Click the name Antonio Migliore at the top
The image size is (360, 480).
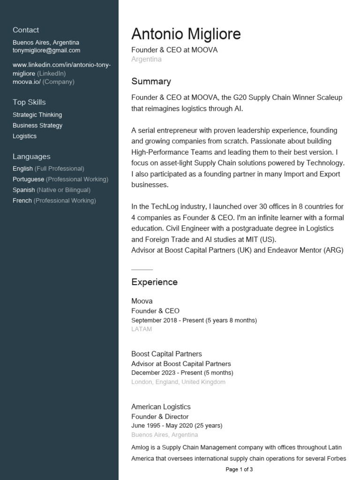click(186, 34)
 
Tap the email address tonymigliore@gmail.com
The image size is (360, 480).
click(46, 51)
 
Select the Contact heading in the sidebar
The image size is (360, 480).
click(26, 30)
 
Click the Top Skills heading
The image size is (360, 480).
click(29, 102)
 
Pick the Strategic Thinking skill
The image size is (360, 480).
click(37, 115)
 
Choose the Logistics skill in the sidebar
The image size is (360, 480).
click(24, 136)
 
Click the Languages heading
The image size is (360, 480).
click(31, 157)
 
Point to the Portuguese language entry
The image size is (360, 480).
click(28, 180)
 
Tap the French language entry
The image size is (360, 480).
click(22, 201)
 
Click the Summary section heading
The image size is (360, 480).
click(151, 82)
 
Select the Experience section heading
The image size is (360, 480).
click(154, 282)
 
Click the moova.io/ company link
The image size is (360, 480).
click(27, 82)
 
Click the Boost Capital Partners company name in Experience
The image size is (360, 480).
click(166, 354)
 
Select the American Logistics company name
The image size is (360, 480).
click(161, 407)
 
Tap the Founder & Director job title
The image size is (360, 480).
click(160, 417)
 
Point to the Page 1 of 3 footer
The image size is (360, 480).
click(239, 469)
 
